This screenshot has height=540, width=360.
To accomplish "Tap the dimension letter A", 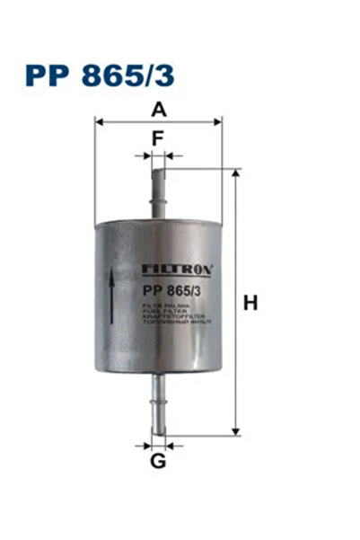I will [159, 110].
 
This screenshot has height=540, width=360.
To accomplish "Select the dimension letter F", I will [158, 139].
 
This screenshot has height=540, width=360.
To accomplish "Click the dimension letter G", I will [158, 462].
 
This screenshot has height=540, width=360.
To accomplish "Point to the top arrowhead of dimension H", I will [236, 173].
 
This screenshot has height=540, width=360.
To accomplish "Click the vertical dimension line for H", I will [236, 359].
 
